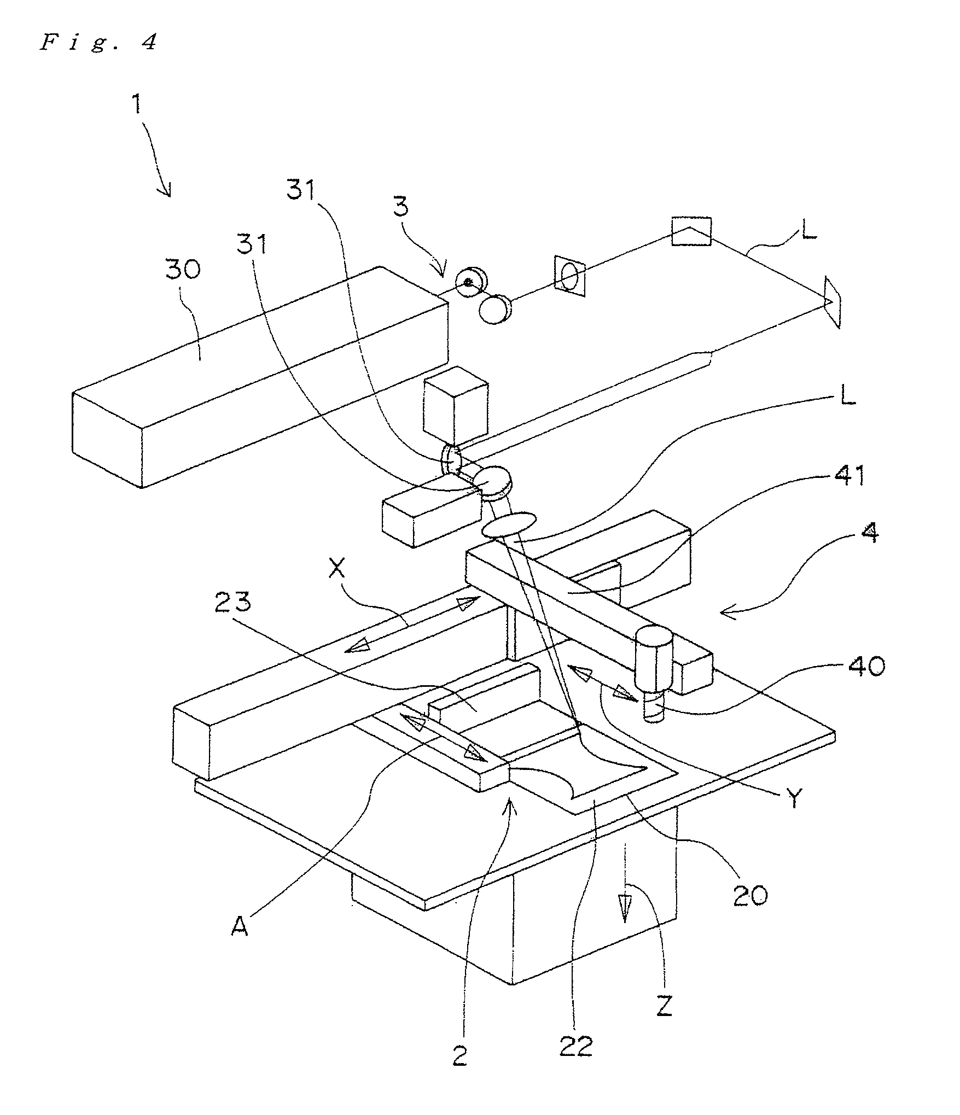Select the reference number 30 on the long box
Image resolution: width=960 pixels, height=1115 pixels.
[x=183, y=270]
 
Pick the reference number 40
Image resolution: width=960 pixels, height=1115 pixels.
[x=867, y=667]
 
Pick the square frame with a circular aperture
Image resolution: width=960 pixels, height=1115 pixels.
[x=570, y=275]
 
